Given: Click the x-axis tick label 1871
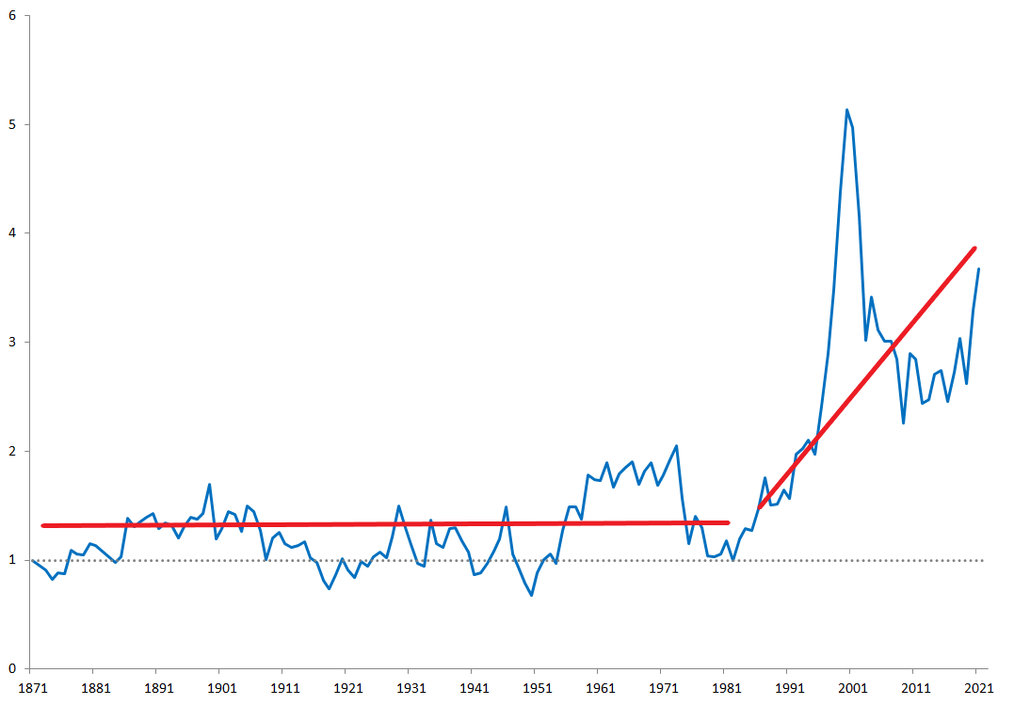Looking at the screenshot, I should tap(33, 687).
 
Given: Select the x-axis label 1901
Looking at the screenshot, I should tap(221, 687).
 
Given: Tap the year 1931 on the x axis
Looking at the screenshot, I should tap(410, 687).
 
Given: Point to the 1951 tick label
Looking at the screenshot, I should tap(536, 687).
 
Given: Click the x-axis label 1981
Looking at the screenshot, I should tap(725, 687).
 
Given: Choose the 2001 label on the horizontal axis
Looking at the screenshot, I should tap(850, 687).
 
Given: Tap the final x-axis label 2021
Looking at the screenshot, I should tap(976, 687).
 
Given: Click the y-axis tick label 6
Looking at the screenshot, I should tap(11, 16).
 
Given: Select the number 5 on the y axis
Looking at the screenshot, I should tap(11, 125).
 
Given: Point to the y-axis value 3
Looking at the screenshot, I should tap(11, 343).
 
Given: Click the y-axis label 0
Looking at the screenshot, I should tap(11, 669).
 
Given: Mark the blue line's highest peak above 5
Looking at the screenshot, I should tap(846, 109).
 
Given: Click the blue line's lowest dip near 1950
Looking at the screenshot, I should tap(531, 595).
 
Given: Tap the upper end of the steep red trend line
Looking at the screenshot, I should tap(974, 248).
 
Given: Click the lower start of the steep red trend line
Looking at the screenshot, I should tap(760, 508).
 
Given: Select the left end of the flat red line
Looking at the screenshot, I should tap(43, 525).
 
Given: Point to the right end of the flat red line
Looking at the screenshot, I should tap(728, 522).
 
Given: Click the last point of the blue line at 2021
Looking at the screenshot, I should tap(978, 270).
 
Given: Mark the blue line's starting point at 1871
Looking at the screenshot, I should tap(33, 560).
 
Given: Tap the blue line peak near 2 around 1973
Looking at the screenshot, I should tap(676, 446).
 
